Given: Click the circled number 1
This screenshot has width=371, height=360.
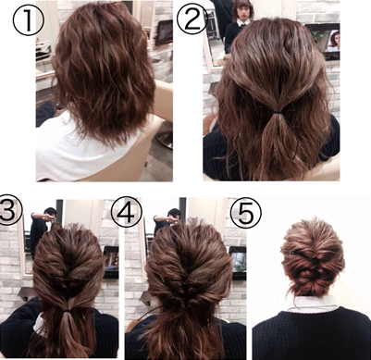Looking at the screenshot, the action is [x=29, y=19].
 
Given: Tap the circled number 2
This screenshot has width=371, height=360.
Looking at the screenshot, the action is [x=192, y=19].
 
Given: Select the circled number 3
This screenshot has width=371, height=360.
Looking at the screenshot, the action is [x=8, y=211].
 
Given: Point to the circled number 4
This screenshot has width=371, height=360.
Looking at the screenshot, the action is [x=126, y=213].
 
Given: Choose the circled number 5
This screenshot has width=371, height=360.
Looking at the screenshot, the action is [x=246, y=213].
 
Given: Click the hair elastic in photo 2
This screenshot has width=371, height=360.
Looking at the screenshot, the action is [x=277, y=112].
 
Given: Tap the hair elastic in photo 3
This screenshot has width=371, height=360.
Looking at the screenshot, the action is [x=68, y=309].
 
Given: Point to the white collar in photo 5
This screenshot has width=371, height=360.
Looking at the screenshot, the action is [x=312, y=303].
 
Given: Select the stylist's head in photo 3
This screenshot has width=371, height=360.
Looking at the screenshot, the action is [x=50, y=213].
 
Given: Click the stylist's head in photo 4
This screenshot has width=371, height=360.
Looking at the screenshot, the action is [x=174, y=214].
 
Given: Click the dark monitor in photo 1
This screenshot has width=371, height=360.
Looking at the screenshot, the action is [x=164, y=32].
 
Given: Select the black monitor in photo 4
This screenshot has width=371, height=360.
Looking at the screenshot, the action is [x=238, y=263].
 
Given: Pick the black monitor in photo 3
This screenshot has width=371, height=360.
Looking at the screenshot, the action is [x=111, y=262].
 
